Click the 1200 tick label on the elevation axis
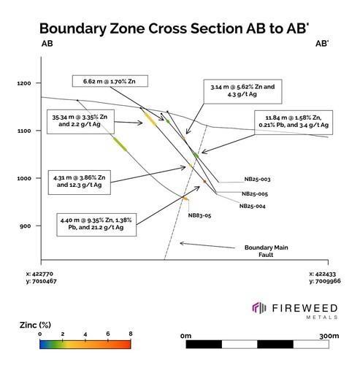(x=24, y=83)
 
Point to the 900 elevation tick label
(x=26, y=226)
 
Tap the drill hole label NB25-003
(x=257, y=180)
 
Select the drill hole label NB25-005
(x=255, y=194)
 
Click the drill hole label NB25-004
(x=252, y=206)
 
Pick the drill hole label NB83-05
(x=199, y=215)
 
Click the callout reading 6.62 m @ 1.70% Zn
(x=110, y=81)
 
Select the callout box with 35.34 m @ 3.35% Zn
(x=80, y=122)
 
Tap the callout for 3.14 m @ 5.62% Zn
(x=242, y=91)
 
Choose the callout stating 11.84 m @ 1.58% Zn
(x=294, y=123)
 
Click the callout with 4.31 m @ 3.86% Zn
(x=80, y=182)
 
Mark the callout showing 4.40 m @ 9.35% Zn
(x=96, y=225)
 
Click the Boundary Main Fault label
(x=266, y=251)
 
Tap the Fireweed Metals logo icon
(x=258, y=308)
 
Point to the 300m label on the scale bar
(x=329, y=336)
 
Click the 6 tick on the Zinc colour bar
(x=108, y=334)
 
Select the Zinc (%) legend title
(x=35, y=325)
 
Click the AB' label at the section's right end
(x=322, y=44)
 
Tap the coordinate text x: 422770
(x=39, y=274)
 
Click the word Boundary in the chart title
(x=73, y=28)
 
